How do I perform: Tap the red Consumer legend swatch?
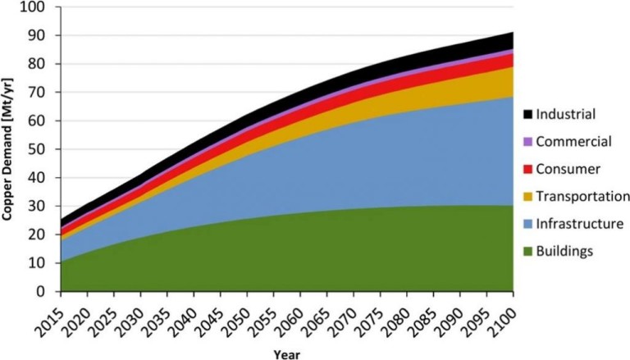[x=527, y=168]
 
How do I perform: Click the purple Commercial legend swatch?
[x=527, y=141]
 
